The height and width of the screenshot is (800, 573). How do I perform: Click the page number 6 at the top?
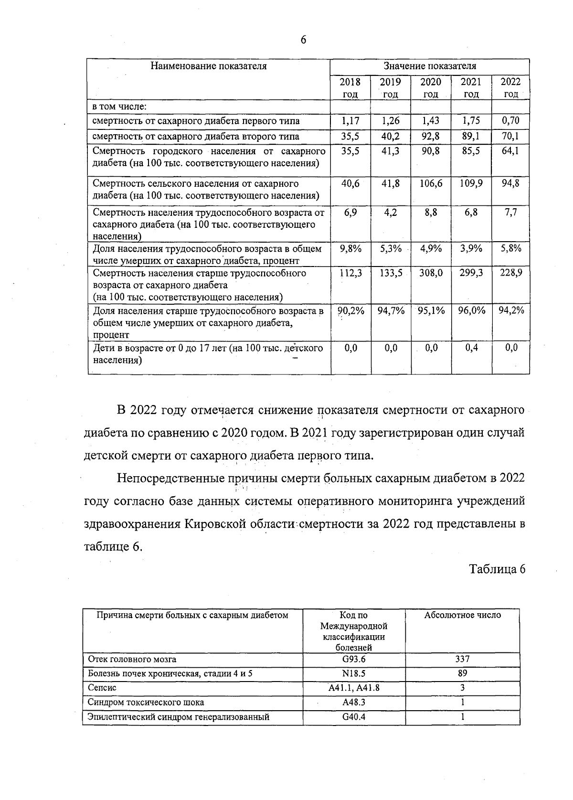pos(303,40)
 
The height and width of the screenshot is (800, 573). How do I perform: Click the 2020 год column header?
pos(431,88)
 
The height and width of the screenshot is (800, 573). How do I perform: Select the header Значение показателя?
pos(430,66)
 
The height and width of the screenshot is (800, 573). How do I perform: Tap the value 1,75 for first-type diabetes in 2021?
pos(471,121)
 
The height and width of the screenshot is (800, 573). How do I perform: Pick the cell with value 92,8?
pos(431,137)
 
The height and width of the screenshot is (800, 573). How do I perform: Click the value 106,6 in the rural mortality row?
pos(431,184)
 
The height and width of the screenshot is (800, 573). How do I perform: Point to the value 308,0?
pos(431,273)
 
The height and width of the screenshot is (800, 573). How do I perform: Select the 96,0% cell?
pos(471,310)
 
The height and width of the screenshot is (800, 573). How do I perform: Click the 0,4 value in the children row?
pos(471,348)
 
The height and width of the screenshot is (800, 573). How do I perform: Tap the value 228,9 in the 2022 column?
pos(511,273)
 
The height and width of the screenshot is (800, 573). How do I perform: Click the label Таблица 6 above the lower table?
pos(497,569)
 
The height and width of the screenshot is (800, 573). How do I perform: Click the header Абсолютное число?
pos(462,615)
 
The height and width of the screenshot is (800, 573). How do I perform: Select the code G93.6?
pos(354,659)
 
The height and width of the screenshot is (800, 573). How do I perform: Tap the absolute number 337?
pos(462,659)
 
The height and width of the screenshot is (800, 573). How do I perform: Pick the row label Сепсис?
pos(102,688)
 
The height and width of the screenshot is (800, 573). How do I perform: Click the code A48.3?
pos(354,703)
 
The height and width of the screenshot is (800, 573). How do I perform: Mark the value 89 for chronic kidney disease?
pos(462,673)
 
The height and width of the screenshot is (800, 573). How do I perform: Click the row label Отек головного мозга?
pos(132,659)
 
